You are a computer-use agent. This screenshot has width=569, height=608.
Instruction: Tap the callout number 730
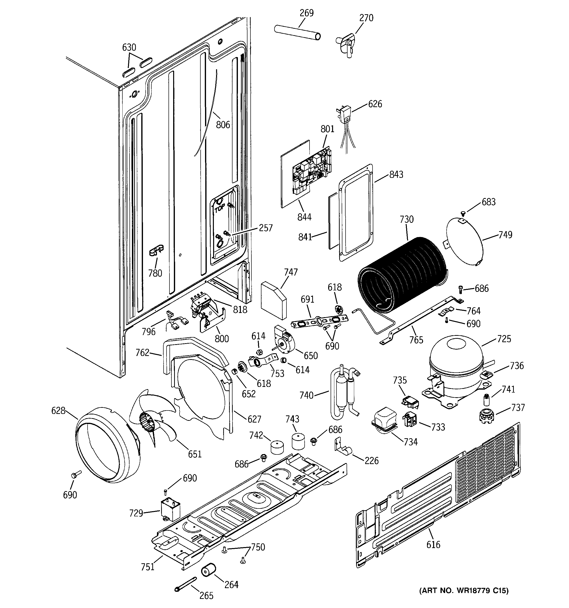(x=406, y=219)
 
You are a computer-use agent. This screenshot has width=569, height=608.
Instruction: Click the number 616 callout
(x=433, y=544)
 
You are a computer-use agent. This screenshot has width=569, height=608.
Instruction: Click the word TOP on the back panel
(x=219, y=209)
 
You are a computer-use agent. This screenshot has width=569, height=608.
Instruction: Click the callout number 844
(x=304, y=217)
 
